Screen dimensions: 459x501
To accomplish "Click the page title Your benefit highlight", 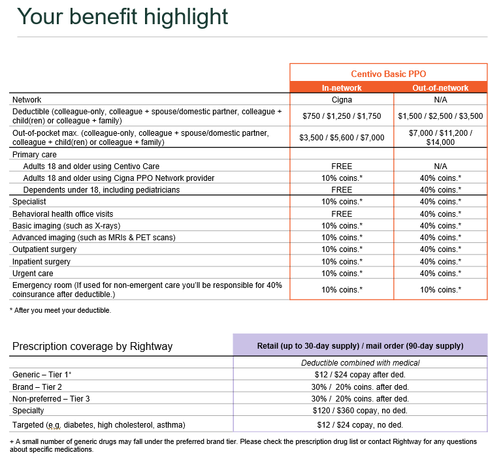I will click(x=122, y=16).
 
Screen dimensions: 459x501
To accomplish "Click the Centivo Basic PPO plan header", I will click(x=388, y=74).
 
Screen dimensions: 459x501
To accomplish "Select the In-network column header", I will click(x=342, y=87).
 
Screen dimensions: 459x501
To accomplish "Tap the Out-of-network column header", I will click(x=440, y=87).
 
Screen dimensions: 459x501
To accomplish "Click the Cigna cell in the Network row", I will click(x=342, y=100).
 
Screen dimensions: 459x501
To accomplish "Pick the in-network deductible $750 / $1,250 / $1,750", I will click(x=342, y=116).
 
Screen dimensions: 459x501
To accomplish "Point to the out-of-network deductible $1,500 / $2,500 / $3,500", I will click(x=440, y=116).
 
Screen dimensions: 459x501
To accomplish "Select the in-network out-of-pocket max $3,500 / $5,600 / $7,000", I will click(x=342, y=138).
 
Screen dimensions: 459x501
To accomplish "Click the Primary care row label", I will click(x=35, y=155).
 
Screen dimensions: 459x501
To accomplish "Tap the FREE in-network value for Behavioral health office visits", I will click(x=342, y=214).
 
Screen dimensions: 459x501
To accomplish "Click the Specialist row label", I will click(x=30, y=202).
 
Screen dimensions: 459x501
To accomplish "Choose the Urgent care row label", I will click(x=33, y=273).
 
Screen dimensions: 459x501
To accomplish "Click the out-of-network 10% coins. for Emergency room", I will click(x=440, y=289).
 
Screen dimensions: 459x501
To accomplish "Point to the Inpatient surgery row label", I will click(x=41, y=261).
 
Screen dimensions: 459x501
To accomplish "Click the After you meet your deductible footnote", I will click(x=60, y=310).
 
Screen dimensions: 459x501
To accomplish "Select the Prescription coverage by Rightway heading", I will click(x=92, y=346).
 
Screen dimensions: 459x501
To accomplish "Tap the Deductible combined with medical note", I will click(x=360, y=362).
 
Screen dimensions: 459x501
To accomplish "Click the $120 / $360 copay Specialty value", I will click(x=360, y=411).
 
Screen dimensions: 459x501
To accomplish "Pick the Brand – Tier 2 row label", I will click(x=41, y=387).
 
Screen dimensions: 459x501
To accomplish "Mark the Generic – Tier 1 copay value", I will click(x=360, y=374).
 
